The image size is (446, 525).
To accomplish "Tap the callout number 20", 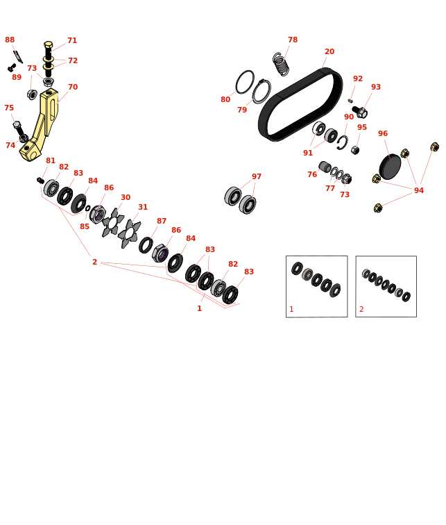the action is coord(329,51).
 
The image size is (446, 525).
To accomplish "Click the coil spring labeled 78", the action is coord(280,64).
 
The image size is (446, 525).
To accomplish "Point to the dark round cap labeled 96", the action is coord(390,167).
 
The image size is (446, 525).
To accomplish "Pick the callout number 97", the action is coord(257,176).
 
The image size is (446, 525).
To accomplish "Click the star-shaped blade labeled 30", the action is coord(112,223).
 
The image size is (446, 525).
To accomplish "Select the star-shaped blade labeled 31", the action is coord(129,234).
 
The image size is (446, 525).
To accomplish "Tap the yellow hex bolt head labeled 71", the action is coord(48,45).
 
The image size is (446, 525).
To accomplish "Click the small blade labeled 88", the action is coord(18,56).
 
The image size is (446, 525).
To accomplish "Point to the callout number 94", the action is coord(419,190).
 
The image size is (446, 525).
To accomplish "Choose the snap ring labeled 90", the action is coord(343,142).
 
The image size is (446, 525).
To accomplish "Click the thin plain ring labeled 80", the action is coord(245,82).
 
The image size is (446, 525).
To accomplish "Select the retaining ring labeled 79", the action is coord(261,92).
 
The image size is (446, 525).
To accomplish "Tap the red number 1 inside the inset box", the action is coord(291,310).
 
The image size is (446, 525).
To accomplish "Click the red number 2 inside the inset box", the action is coord(361,310).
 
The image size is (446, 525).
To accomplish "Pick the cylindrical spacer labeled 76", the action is coord(325,167).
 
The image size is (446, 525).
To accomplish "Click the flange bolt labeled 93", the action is coord(360,112).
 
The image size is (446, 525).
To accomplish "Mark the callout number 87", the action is coord(162,221).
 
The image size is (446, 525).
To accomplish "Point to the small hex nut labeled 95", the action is coord(355,150).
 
